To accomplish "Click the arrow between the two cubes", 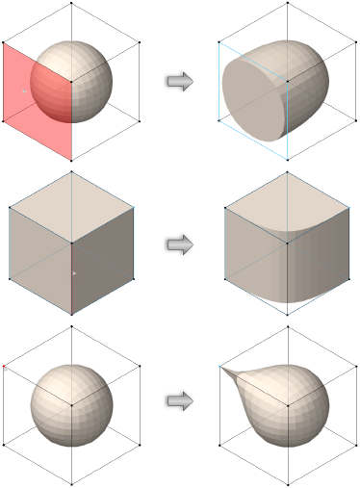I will point(180,244).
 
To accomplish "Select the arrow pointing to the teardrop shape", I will point(180,402).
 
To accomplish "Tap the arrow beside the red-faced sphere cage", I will point(180,81).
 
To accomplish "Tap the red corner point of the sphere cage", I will point(5,367).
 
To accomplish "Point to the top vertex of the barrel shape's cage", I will point(287,4).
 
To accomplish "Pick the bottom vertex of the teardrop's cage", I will point(287,483).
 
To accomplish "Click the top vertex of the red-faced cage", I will point(72,4).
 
